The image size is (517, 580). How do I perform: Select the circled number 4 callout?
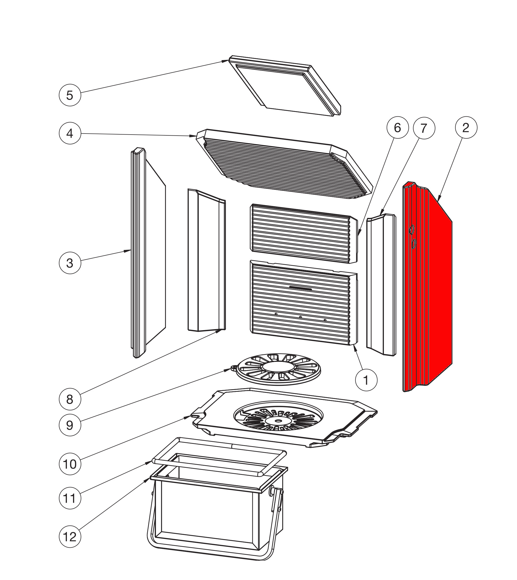[x=70, y=133]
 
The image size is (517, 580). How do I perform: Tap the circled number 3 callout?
[x=70, y=263]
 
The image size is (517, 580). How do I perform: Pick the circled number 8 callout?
[x=70, y=399]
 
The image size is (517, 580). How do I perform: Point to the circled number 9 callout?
[x=70, y=425]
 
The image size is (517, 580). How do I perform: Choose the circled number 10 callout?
[x=70, y=464]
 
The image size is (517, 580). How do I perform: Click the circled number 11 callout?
[x=70, y=498]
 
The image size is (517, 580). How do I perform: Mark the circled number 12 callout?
[x=70, y=537]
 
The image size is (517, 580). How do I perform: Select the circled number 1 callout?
[x=366, y=380]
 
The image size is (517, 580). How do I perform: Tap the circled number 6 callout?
[x=397, y=128]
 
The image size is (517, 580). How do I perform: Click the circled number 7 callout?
[x=424, y=128]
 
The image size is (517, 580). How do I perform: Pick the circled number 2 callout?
[x=466, y=128]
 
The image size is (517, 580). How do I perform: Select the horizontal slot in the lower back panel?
[x=301, y=289]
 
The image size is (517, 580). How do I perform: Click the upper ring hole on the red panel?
[x=412, y=229]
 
